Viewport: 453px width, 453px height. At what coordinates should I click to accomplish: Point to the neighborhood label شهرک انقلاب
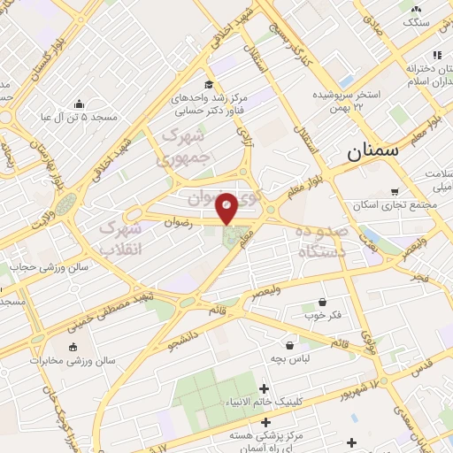coord(119,239)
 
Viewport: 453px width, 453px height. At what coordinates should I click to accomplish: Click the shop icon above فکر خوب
coord(322,302)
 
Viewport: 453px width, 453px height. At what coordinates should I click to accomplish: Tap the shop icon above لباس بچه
coord(290,345)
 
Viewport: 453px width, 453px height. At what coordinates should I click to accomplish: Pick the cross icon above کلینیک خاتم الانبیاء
coord(264,388)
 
